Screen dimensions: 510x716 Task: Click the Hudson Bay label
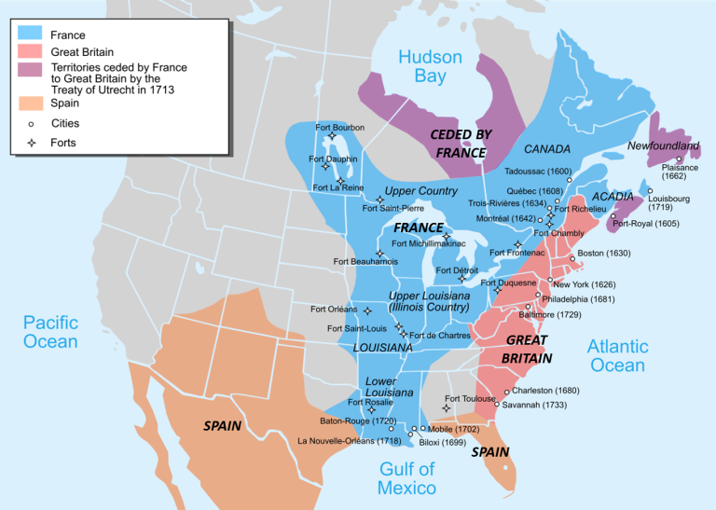430,67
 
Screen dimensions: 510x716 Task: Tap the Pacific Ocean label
50,332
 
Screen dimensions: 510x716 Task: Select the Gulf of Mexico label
406,477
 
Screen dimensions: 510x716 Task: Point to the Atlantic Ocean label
617,355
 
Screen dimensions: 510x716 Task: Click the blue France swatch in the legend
29,35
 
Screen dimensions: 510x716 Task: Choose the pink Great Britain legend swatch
29,52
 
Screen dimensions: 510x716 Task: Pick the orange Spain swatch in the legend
29,103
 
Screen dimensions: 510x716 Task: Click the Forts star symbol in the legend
31,143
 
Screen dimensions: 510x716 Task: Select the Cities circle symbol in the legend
31,123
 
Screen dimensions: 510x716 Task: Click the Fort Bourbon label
340,127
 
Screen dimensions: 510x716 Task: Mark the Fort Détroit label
457,269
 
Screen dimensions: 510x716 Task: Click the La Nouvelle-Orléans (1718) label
350,441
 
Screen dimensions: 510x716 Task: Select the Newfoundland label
663,146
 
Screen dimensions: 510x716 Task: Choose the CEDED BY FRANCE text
461,143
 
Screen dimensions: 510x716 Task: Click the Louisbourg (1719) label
668,202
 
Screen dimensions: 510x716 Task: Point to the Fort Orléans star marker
367,310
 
